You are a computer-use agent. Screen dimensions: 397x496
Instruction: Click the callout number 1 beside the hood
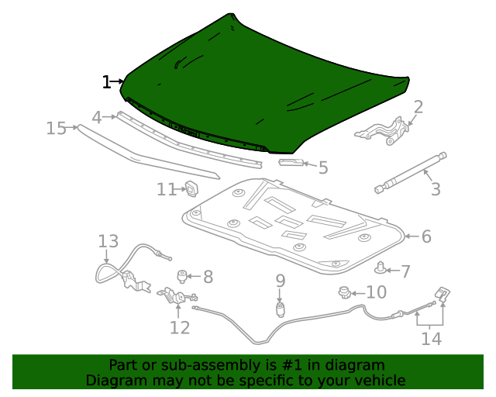pos(106,81)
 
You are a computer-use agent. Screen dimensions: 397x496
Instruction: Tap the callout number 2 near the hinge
pos(418,107)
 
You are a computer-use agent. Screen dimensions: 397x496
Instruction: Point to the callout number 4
pos(97,117)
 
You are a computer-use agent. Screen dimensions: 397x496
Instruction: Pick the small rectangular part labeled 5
pos(291,163)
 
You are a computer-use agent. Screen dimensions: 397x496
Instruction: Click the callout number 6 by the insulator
pos(426,236)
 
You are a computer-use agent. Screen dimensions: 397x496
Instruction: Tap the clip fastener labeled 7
pos(381,269)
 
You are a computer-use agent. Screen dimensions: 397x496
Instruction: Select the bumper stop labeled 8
pos(184,275)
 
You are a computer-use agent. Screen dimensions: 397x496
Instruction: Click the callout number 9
pos(280,281)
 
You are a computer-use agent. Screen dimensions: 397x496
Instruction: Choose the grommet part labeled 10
pos(343,292)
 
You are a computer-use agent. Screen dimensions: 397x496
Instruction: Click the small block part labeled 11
pos(191,188)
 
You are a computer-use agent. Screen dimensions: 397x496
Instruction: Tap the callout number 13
pos(108,242)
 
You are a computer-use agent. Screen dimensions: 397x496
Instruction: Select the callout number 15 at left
pos(57,128)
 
